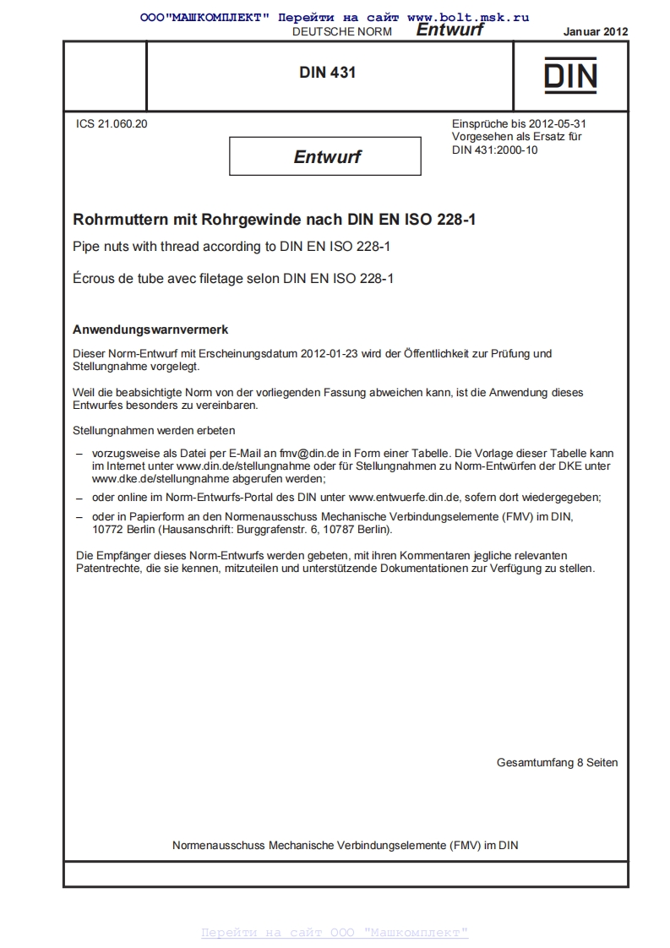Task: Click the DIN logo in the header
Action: [570, 74]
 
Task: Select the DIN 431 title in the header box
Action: [328, 73]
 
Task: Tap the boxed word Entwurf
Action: [326, 156]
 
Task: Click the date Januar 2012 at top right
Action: [595, 31]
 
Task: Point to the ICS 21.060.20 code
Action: [112, 123]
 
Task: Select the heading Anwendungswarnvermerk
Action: [150, 329]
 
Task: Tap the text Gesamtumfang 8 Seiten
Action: [557, 762]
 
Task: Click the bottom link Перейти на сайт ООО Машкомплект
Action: [335, 933]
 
